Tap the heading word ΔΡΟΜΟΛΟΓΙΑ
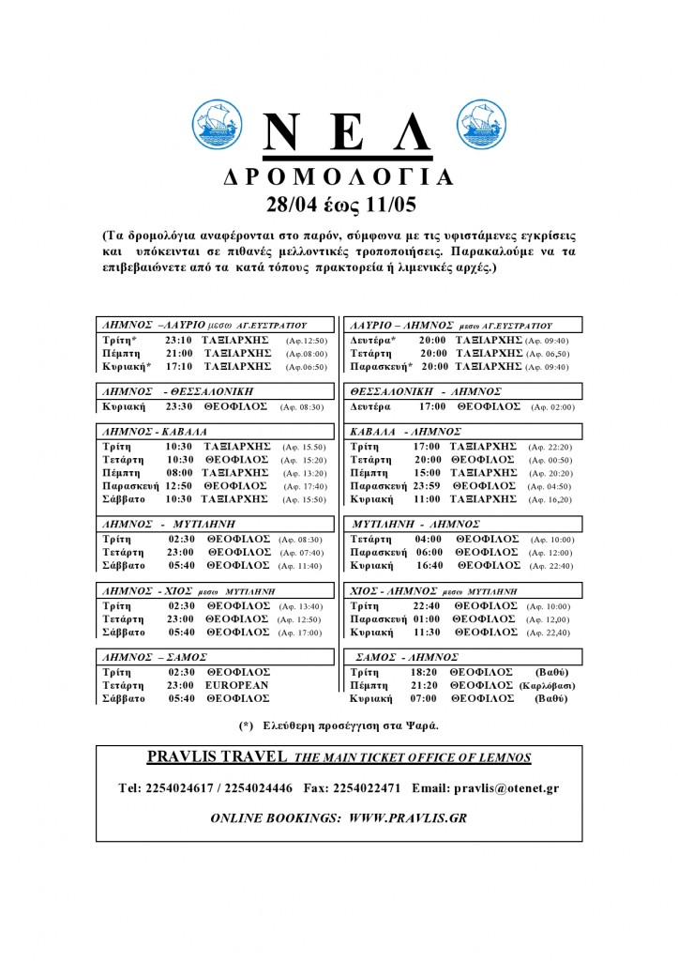tap(339, 177)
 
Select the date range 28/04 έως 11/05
tap(339, 204)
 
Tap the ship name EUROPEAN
tap(237, 685)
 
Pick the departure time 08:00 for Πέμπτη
tap(179, 473)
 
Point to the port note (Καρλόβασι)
tap(547, 686)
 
